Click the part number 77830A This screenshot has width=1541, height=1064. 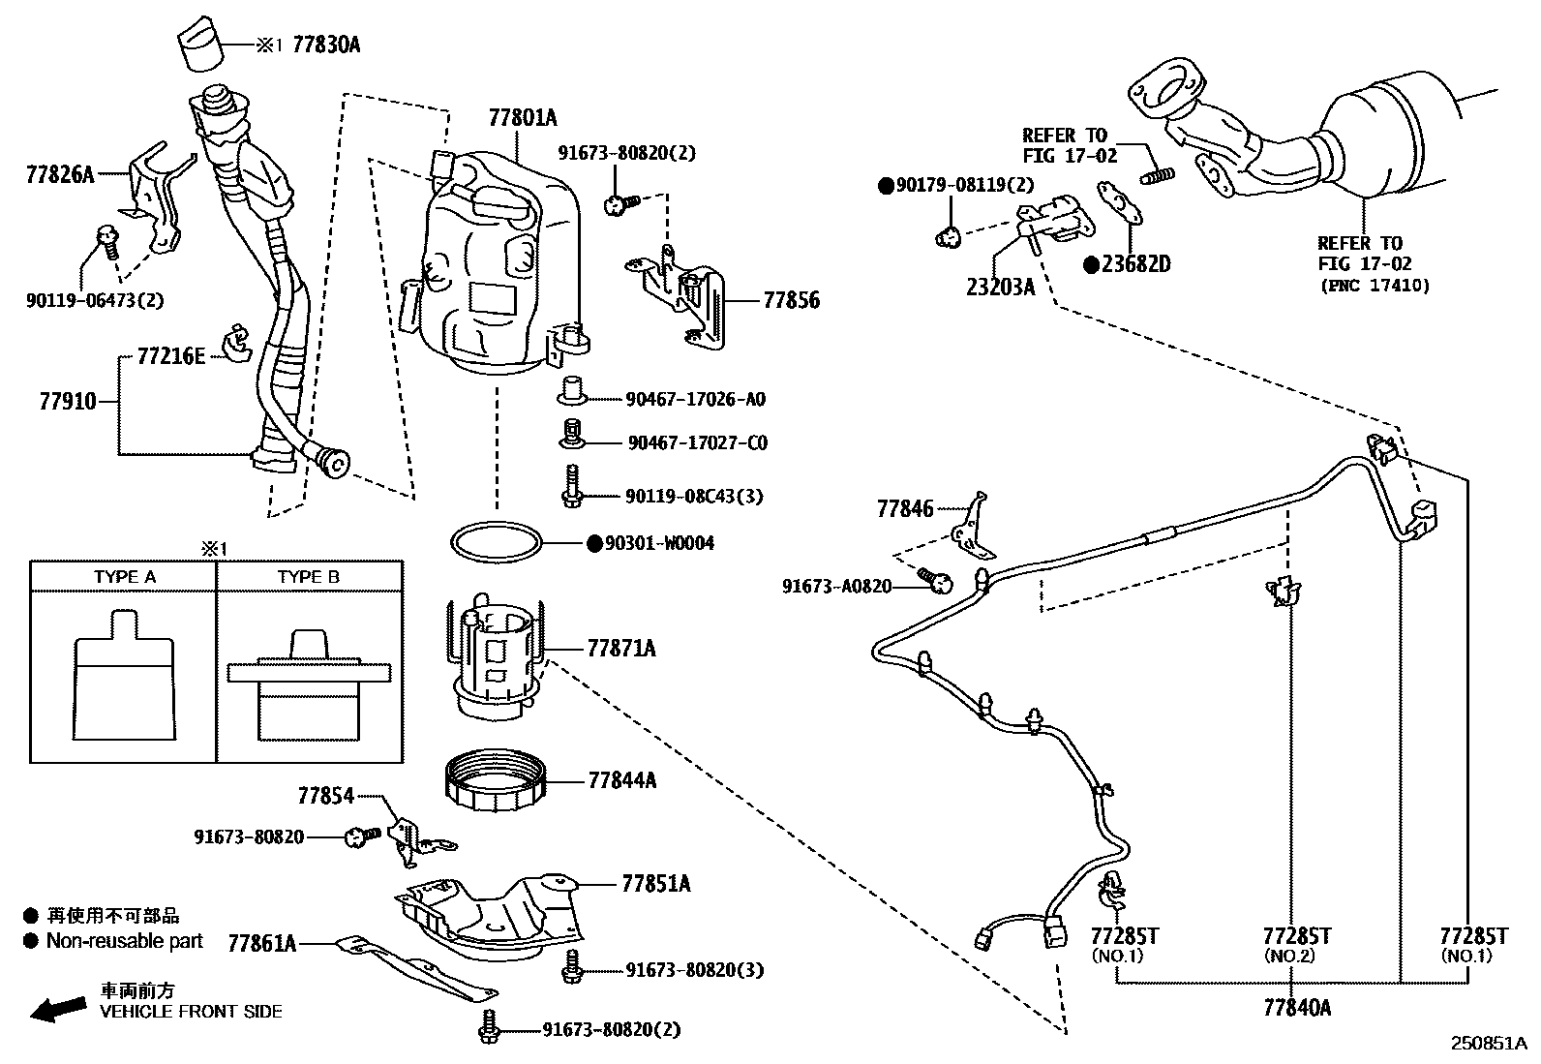point(326,45)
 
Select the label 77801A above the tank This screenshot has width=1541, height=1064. point(523,118)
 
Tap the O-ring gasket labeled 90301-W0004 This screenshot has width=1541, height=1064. point(496,542)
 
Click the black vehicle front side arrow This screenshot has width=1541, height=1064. point(58,1009)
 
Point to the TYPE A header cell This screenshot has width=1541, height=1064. point(124,577)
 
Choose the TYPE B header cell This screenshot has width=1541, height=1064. point(309,577)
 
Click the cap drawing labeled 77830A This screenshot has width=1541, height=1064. point(202,43)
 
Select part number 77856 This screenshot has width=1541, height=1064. point(791,301)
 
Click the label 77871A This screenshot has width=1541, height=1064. point(621,649)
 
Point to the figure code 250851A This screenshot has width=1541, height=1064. point(1489,1044)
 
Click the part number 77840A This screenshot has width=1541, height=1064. point(1297,1008)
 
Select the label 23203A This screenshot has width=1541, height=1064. point(1000,287)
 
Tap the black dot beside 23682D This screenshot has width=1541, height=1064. point(1091,265)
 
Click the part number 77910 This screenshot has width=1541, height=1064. point(68,401)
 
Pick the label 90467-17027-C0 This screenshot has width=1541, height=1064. point(698,442)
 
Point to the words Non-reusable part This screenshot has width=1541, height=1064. point(125,941)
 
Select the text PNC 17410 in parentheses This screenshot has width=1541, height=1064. point(1375,286)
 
